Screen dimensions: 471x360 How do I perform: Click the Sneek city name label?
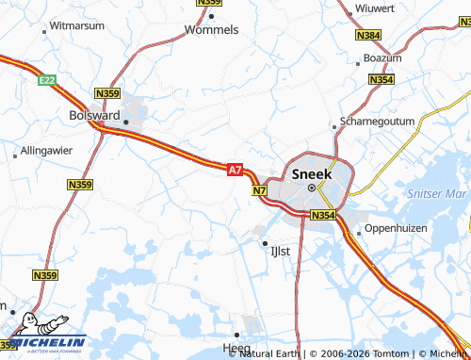(x=313, y=173)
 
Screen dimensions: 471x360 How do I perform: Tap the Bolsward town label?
(x=95, y=114)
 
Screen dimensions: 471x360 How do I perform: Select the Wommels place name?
(x=212, y=29)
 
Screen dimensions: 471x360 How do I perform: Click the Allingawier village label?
(x=46, y=151)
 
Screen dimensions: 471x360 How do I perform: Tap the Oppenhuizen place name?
(x=396, y=228)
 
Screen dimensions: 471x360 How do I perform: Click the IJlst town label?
(x=281, y=252)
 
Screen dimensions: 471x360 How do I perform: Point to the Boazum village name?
(x=382, y=57)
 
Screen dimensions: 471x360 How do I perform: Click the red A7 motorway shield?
(x=235, y=170)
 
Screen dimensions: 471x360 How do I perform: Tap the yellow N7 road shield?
(x=261, y=191)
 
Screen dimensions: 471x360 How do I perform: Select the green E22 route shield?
(x=47, y=81)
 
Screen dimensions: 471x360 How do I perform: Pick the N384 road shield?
(x=369, y=35)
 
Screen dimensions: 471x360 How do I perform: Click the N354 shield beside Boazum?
(x=382, y=80)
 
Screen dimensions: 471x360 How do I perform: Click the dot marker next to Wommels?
(x=212, y=16)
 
